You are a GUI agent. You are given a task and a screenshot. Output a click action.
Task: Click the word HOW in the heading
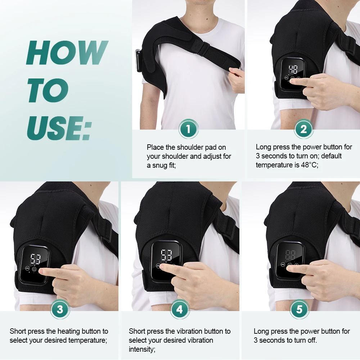pos(67,53)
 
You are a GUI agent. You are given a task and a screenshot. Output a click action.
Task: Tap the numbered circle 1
pos(188,129)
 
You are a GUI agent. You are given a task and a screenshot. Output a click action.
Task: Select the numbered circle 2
pos(303,129)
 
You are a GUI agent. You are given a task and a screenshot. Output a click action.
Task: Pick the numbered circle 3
pos(60,309)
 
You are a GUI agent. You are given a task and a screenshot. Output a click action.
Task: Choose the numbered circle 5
pos(300,309)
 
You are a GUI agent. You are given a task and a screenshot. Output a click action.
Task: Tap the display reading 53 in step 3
pos(35,258)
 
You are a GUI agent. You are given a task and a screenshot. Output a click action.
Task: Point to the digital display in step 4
pos(166,255)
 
